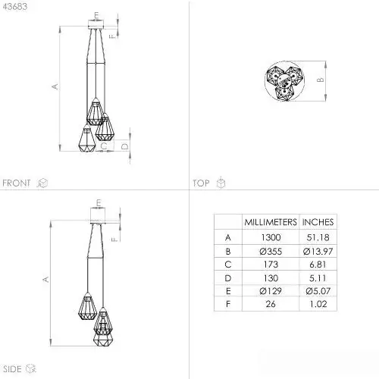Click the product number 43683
15,7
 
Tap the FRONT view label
17,183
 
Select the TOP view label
201,183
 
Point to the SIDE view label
12,369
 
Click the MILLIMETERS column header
271,222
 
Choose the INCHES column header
318,222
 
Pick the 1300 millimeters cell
271,237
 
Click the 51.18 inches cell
318,237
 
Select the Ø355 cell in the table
271,252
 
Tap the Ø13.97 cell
318,252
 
